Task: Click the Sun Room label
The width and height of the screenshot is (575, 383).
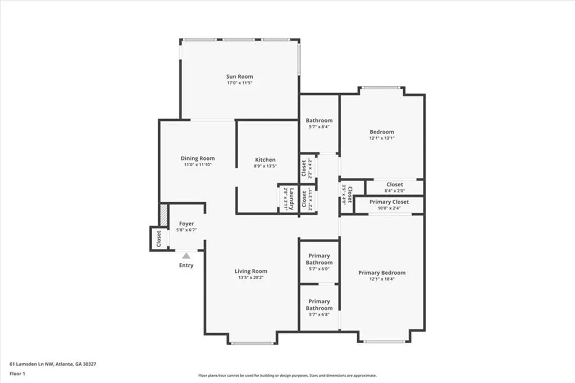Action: coord(239,76)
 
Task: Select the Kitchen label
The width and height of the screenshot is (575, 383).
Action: coord(265,159)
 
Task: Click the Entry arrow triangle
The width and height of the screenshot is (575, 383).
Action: coord(186,256)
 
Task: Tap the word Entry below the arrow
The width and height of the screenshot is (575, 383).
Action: coord(186,266)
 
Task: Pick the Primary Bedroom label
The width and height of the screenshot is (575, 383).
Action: coord(382,273)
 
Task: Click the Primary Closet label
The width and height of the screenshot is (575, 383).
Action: coord(389,202)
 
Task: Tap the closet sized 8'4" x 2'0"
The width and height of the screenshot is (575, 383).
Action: coord(394,187)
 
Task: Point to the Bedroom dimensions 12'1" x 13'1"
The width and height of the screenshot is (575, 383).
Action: coord(382,139)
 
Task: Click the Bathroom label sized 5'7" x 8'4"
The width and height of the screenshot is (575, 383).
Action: coord(319,120)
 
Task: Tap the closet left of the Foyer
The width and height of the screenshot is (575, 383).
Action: coord(159,238)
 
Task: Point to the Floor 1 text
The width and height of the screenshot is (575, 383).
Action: coord(17,373)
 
